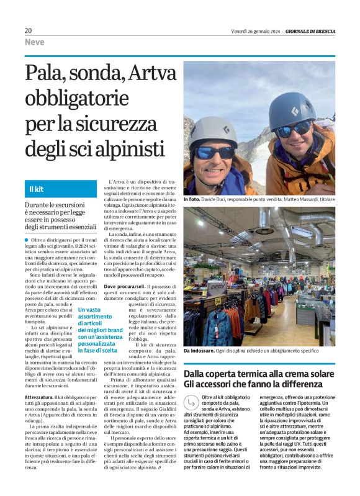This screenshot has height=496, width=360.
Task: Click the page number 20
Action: [28, 30]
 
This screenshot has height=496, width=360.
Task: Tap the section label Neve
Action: [34, 42]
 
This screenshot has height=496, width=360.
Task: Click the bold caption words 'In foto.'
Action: [192, 200]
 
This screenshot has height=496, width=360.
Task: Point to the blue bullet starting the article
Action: [27, 240]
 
